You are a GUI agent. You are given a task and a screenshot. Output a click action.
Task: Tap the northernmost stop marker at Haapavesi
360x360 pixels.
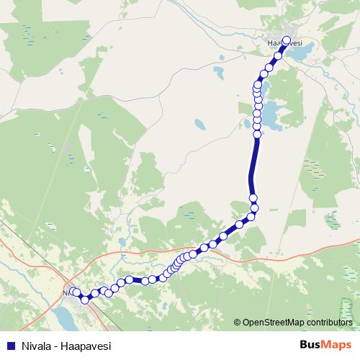pyautogui.click(x=287, y=41)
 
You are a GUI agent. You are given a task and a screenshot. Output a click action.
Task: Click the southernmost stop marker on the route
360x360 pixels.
pyautogui.click(x=85, y=300)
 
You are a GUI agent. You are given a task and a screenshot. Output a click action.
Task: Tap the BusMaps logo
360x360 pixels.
pyautogui.click(x=325, y=346)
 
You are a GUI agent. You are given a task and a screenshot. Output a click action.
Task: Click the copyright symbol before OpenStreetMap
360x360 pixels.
pyautogui.click(x=238, y=323)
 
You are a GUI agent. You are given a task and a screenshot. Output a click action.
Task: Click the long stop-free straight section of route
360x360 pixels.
pyautogui.click(x=253, y=166)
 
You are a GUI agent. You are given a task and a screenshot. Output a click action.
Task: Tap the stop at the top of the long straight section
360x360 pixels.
pyautogui.click(x=257, y=134)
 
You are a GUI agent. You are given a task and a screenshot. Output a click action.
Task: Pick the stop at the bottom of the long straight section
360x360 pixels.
pyautogui.click(x=253, y=198)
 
